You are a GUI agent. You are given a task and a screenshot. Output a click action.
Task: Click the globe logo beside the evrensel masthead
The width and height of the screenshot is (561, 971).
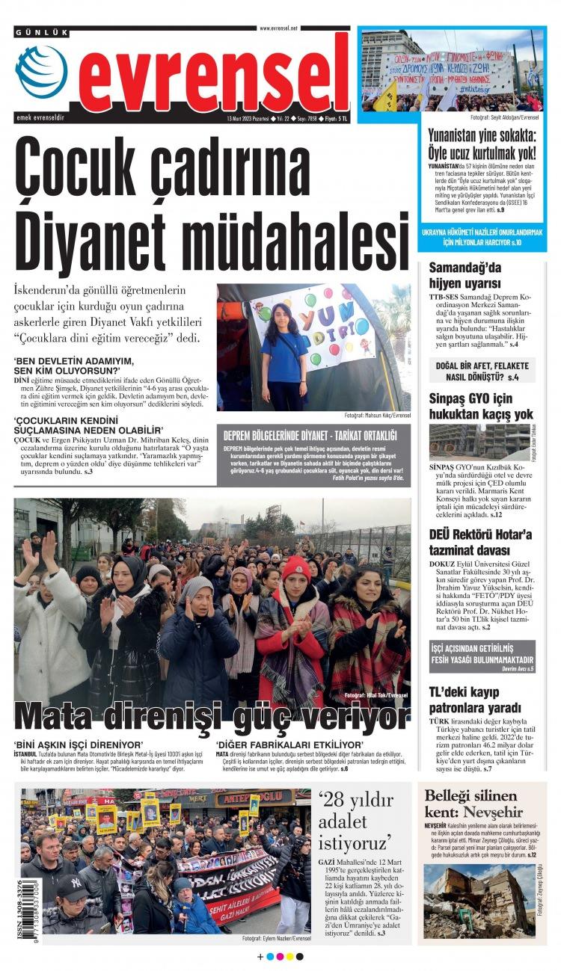click(x=41, y=72)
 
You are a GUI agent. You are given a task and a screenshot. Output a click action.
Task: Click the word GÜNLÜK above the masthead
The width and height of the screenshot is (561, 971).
click(x=42, y=32)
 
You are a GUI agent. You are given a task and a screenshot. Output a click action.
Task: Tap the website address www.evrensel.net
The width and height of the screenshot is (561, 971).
click(x=278, y=28)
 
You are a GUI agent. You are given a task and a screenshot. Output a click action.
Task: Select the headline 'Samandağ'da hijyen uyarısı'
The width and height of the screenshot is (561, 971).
click(x=465, y=275)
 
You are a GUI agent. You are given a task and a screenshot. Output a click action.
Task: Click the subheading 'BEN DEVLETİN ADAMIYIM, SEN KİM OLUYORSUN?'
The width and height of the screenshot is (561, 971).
click(x=67, y=366)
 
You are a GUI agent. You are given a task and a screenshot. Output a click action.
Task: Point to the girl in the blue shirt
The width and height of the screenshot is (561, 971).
click(x=284, y=354)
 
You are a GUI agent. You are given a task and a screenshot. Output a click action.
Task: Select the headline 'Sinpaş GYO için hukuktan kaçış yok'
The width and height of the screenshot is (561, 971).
click(x=481, y=405)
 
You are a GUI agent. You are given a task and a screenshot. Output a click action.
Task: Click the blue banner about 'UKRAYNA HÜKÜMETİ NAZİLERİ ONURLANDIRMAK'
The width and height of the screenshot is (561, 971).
click(x=482, y=238)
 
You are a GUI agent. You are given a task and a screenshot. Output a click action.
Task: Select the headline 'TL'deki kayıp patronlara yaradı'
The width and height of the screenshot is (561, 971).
click(x=475, y=699)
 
